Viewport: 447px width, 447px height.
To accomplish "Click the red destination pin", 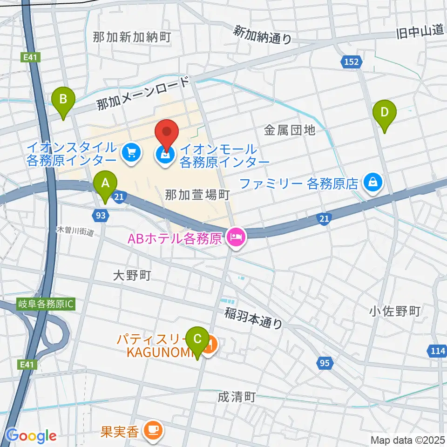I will tap(167, 133).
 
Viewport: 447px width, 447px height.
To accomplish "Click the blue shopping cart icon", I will tap(131, 153).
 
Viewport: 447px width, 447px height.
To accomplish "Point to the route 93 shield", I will tap(101, 216).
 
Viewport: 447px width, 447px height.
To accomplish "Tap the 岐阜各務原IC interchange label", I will tap(45, 303).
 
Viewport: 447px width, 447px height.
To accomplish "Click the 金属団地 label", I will tap(290, 131).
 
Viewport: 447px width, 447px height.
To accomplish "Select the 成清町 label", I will tap(237, 397).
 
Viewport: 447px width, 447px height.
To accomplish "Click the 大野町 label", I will tap(132, 275).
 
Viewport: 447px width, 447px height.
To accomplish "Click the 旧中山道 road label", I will tap(419, 32).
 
